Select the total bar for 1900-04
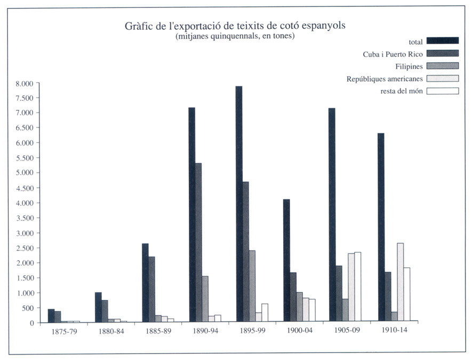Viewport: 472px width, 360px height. pyautogui.click(x=286, y=261)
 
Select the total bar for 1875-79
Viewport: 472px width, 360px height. pyautogui.click(x=51, y=316)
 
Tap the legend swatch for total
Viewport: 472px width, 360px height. pyautogui.click(x=443, y=41)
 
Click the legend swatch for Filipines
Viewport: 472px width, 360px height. pyautogui.click(x=443, y=66)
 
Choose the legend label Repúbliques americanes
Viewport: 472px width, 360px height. pyautogui.click(x=385, y=79)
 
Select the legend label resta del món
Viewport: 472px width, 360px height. pyautogui.click(x=402, y=91)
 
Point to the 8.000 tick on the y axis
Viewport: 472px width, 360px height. pyautogui.click(x=25, y=83)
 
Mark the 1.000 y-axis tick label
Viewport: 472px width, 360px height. pyautogui.click(x=25, y=293)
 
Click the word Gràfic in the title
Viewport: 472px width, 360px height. pyautogui.click(x=140, y=26)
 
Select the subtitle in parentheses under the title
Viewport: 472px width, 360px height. pyautogui.click(x=235, y=36)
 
